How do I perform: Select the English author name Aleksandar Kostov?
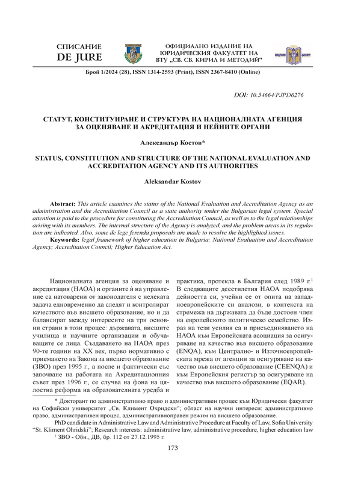point(180,181)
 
